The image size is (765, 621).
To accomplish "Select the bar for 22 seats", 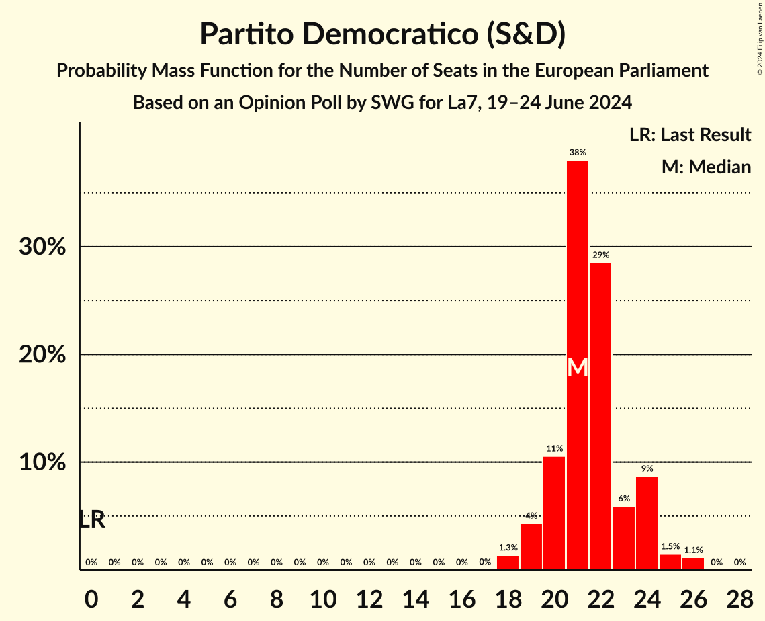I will point(600,417).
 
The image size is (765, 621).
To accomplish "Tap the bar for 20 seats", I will point(554,513).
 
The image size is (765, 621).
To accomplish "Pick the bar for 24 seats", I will point(647,524).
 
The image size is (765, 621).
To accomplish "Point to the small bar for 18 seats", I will point(508,563).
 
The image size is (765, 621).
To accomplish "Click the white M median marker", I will point(578,368).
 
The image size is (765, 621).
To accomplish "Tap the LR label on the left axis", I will point(92,520).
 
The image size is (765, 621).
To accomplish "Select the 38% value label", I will point(578,153).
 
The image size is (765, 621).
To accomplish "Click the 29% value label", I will point(600,255).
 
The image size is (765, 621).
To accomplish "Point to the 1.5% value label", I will point(670,547).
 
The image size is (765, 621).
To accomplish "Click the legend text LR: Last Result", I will point(690,135).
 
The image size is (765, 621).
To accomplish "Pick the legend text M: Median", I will point(706,167).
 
